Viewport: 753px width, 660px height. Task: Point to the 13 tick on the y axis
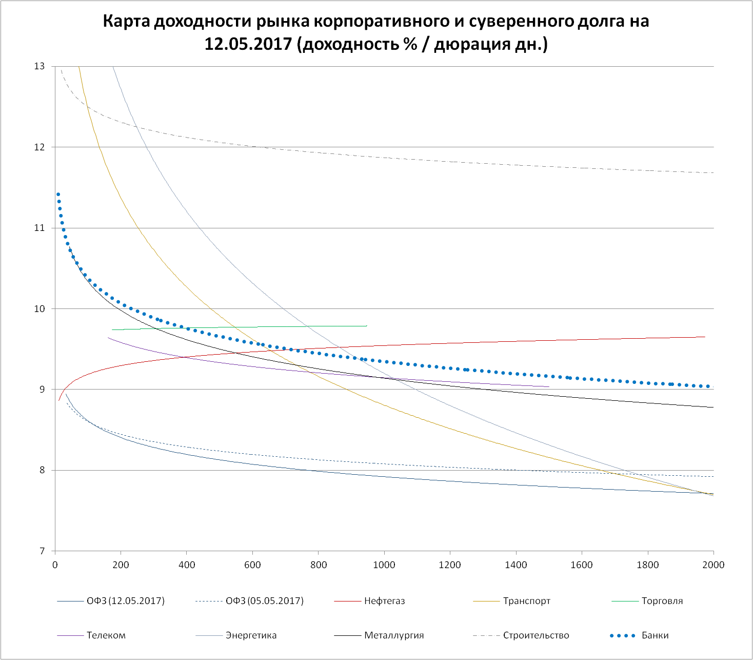[x=39, y=66]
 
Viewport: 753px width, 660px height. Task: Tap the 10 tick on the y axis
[x=39, y=309]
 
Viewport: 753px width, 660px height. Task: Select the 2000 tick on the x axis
[x=713, y=565]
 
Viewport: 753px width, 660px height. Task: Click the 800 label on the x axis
[x=318, y=565]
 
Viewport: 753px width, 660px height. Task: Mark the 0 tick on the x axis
[x=55, y=565]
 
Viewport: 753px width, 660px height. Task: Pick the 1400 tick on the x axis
[x=516, y=565]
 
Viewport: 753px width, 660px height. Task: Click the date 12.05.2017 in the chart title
[x=248, y=44]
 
